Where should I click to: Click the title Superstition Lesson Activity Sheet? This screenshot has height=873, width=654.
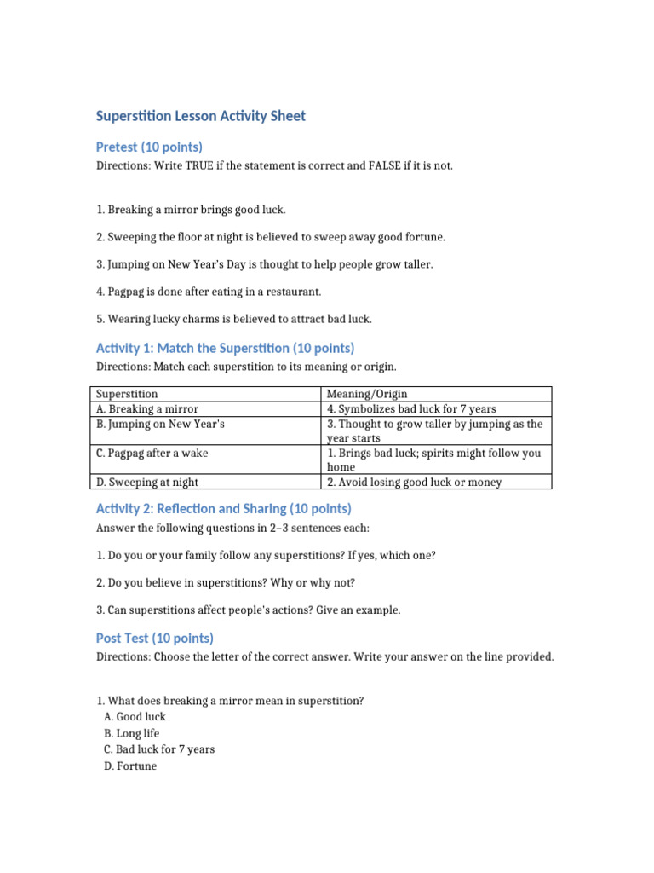click(200, 116)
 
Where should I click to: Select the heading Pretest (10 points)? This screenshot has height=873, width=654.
click(149, 147)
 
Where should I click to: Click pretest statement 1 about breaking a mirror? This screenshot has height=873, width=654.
click(191, 210)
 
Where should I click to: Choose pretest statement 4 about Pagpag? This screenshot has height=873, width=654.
click(209, 292)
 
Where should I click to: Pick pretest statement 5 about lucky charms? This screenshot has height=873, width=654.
click(234, 319)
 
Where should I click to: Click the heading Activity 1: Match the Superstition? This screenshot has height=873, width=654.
click(225, 348)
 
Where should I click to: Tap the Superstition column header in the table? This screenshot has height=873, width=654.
click(127, 394)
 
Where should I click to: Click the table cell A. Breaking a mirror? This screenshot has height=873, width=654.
click(147, 409)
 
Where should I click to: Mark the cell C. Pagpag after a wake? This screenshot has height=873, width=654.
click(152, 454)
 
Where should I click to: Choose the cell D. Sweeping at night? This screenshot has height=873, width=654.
click(148, 483)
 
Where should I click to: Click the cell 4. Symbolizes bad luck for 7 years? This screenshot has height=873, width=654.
click(411, 409)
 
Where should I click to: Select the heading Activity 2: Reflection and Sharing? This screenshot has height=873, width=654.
click(223, 509)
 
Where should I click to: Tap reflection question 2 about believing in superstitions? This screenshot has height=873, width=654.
click(226, 582)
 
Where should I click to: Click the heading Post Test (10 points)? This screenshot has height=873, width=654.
click(154, 639)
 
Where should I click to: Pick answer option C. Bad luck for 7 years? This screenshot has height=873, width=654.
click(159, 749)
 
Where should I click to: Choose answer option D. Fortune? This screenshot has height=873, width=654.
click(130, 766)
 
